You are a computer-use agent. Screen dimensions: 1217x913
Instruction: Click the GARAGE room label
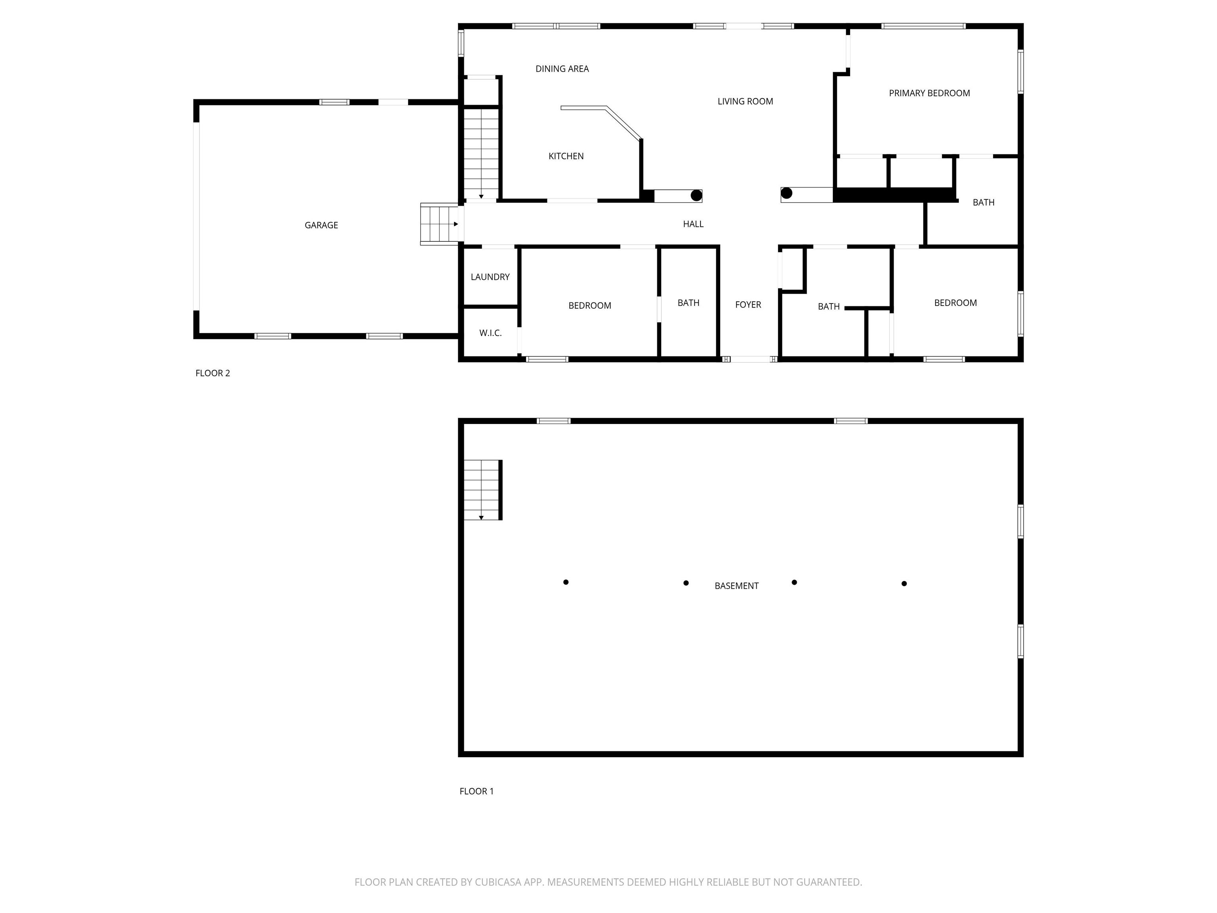tap(321, 225)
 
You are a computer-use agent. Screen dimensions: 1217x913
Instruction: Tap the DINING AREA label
tap(562, 69)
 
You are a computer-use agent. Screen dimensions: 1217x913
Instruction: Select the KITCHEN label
tap(566, 156)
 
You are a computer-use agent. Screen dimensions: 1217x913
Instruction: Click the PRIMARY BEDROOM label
tap(929, 93)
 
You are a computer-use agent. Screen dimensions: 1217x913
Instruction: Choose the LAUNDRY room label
tap(490, 277)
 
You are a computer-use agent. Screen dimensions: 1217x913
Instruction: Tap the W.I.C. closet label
tap(490, 333)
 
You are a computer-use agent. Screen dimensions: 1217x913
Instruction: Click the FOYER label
tap(748, 304)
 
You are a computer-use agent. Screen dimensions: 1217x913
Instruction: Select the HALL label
tap(693, 224)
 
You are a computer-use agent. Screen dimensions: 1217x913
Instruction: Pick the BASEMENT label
tap(737, 586)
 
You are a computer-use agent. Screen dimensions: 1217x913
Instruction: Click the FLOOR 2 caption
tap(213, 373)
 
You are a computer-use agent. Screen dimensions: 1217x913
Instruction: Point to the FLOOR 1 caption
tap(477, 791)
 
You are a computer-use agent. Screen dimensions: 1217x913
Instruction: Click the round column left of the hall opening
tap(696, 195)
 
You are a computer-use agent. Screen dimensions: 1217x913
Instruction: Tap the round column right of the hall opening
tap(787, 193)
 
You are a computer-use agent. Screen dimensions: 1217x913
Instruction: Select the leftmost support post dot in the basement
tap(566, 582)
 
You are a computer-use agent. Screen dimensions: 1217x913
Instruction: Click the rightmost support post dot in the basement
tap(904, 583)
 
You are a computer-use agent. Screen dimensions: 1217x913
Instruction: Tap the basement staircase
tap(482, 490)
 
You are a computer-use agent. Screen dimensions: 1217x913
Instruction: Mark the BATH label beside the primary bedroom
tap(984, 202)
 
